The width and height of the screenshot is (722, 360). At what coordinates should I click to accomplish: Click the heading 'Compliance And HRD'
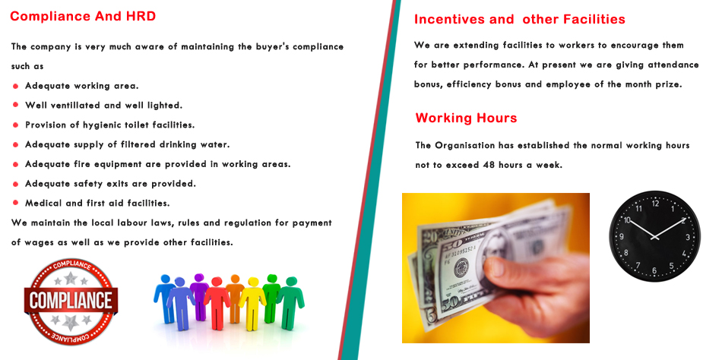point(83,17)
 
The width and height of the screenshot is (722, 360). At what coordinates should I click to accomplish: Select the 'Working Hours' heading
point(466,118)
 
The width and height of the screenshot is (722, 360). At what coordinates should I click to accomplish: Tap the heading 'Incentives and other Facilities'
point(519,19)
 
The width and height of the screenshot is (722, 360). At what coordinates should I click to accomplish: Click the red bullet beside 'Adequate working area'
point(16,86)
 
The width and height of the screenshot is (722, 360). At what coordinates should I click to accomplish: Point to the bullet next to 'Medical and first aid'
point(16,203)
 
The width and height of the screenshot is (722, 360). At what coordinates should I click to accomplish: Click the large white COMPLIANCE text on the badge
point(71,301)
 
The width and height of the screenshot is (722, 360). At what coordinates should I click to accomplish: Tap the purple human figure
point(199,296)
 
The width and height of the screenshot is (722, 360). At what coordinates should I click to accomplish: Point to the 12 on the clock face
point(655,204)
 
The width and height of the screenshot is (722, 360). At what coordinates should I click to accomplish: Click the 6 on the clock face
point(654,270)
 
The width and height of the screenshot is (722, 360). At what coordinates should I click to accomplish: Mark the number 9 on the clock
point(622,237)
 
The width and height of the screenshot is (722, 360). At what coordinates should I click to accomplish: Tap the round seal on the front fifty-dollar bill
point(461,267)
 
